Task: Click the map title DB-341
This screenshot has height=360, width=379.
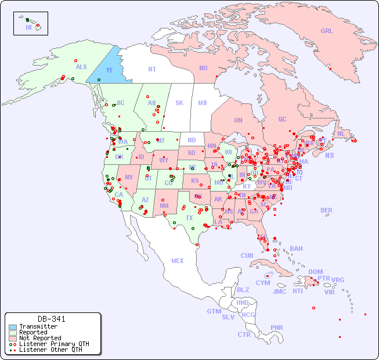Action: [51, 319]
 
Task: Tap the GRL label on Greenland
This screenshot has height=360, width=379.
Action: [327, 31]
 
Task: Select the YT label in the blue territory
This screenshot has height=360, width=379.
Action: [109, 70]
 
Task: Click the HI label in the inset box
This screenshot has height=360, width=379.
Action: [28, 27]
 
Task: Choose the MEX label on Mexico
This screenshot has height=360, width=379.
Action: [177, 261]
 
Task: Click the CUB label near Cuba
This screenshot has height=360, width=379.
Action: [247, 255]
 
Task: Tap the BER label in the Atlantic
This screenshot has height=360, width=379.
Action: [326, 210]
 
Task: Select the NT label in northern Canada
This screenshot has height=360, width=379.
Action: [151, 69]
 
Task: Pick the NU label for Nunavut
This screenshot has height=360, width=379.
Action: [203, 68]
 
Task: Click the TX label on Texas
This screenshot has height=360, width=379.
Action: [189, 218]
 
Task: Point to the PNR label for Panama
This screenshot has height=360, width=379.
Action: [277, 327]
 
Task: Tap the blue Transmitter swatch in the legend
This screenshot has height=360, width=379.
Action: [13, 327]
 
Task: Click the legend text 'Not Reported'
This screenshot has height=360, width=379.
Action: [39, 338]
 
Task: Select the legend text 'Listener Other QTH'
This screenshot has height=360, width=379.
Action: [50, 350]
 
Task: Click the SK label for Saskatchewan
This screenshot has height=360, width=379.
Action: [179, 103]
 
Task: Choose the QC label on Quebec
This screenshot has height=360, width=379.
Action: [282, 119]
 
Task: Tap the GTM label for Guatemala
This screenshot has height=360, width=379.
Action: [214, 311]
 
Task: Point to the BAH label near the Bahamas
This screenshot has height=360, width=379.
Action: [296, 249]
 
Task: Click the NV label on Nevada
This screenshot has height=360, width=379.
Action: [128, 177]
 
